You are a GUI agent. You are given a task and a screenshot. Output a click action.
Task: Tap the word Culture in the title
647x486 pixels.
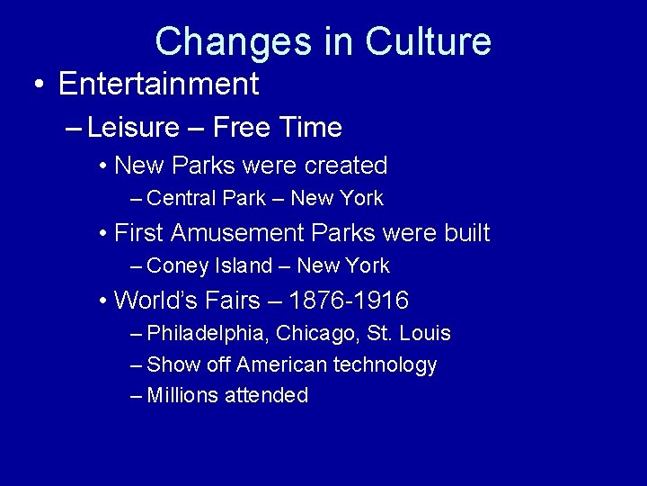click(x=429, y=42)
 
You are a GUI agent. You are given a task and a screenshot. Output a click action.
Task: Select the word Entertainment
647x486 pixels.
click(x=158, y=85)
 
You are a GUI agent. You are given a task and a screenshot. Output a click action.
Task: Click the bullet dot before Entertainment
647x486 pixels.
click(x=39, y=85)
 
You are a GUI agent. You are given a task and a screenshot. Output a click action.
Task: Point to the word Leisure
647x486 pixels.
click(x=134, y=128)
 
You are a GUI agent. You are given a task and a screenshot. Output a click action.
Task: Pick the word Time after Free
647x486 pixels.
click(x=310, y=128)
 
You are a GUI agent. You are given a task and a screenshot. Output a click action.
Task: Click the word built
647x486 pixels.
click(x=467, y=233)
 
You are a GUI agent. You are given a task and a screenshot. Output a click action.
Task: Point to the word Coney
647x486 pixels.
click(x=177, y=265)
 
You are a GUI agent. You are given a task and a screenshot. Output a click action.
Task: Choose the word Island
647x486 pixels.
click(x=242, y=265)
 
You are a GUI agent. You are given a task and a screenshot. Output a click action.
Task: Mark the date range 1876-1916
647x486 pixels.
click(x=350, y=300)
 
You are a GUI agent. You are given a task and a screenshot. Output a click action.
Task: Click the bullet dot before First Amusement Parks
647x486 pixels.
click(x=104, y=234)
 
